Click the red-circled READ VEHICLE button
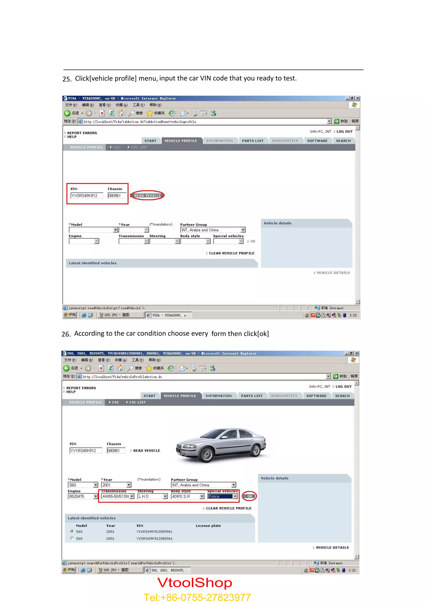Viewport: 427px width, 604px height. pos(147,195)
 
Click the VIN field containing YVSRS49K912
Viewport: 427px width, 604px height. pos(87,195)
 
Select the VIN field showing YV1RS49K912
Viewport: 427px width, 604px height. pos(85,451)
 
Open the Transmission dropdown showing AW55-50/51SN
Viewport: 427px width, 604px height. pos(118,496)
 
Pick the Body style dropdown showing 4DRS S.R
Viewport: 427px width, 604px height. pos(187,496)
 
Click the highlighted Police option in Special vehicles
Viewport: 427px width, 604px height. pos(220,496)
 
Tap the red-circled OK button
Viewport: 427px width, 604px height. pos(249,496)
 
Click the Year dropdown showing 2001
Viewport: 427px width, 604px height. pos(116,485)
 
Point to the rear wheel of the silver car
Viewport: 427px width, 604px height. pos(256,450)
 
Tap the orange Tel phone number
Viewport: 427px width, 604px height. pos(197,597)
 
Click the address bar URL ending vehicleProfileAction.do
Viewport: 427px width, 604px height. pos(123,377)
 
